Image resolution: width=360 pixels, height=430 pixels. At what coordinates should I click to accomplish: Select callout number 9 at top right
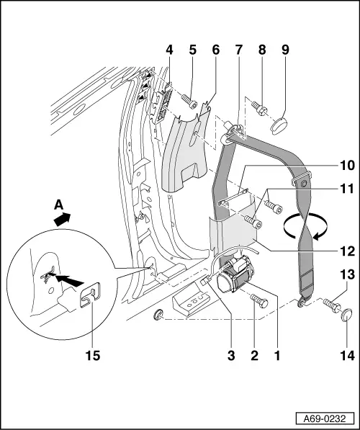click(x=286, y=50)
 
